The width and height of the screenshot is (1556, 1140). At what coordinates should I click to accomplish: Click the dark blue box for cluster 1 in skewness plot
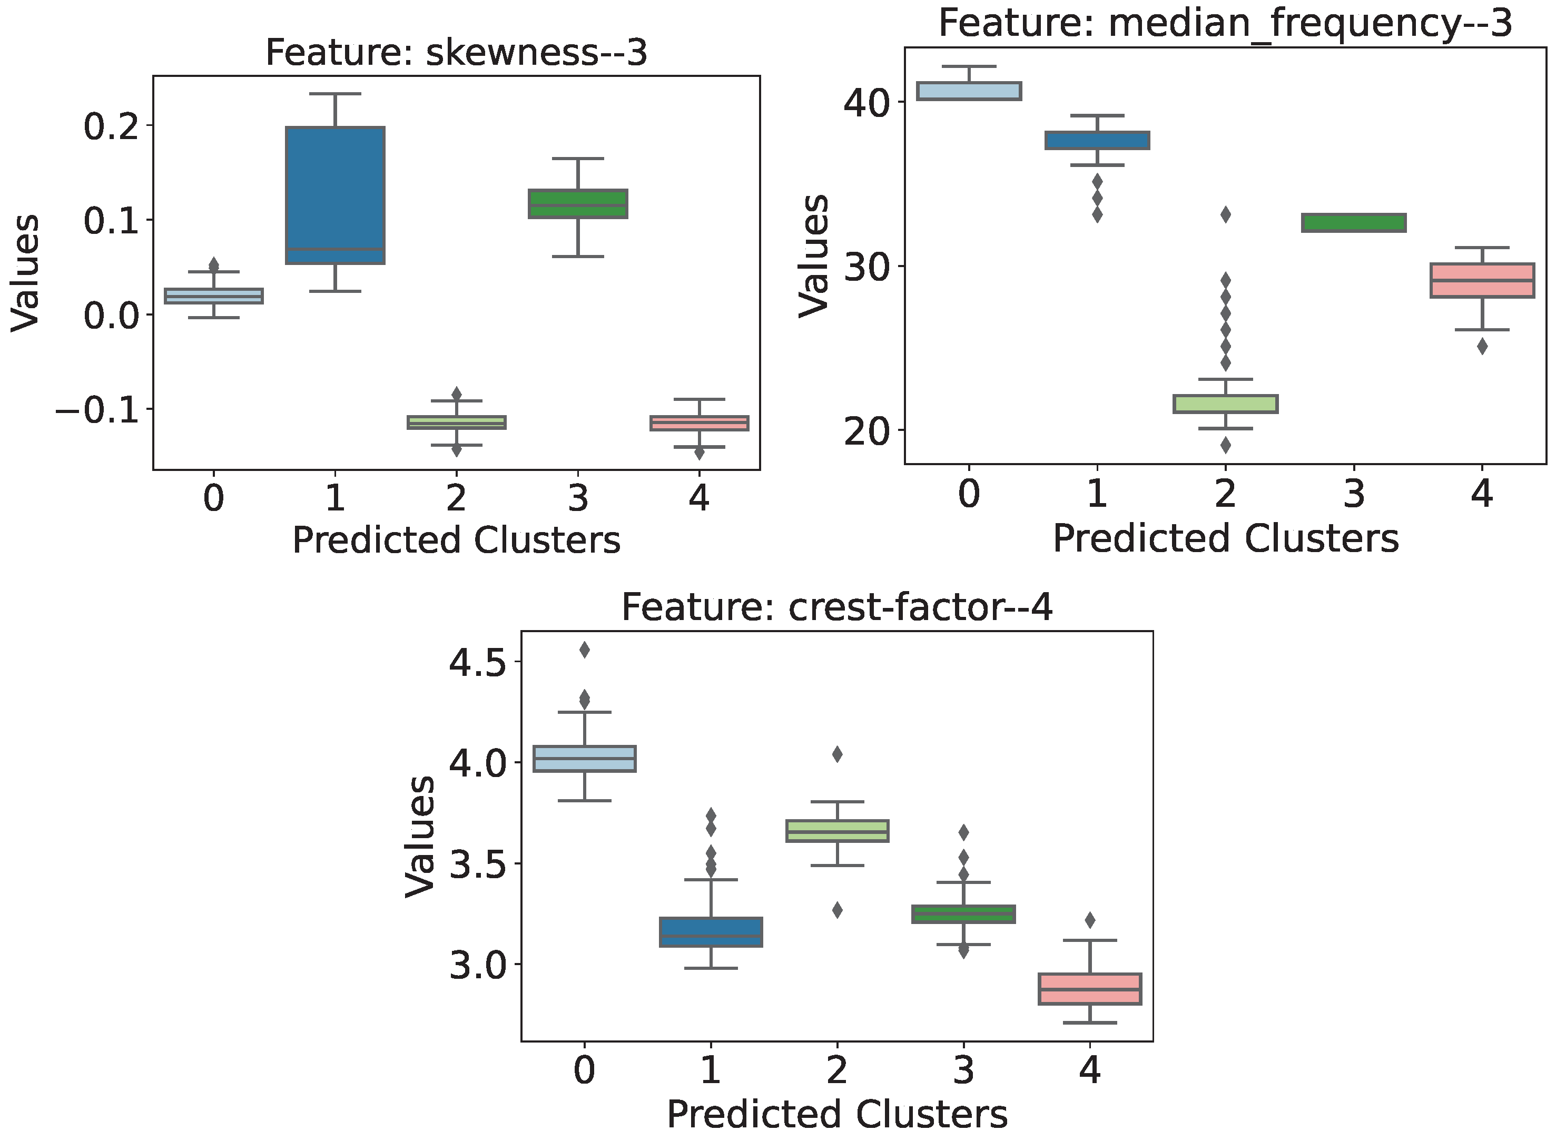336,195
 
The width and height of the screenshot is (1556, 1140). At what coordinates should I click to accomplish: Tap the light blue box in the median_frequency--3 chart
970,91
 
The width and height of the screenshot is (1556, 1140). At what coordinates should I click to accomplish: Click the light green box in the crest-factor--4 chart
837,831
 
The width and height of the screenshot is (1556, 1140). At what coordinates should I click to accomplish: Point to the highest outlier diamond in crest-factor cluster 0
585,650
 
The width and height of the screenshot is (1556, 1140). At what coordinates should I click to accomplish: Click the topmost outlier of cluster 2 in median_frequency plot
1226,214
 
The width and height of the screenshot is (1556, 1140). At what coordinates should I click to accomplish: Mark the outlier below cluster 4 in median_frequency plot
1482,347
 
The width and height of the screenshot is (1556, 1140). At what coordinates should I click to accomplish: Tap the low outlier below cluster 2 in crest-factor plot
837,910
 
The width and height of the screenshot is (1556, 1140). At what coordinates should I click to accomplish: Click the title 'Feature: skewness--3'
456,53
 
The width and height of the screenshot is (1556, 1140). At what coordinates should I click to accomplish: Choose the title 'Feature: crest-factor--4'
836,608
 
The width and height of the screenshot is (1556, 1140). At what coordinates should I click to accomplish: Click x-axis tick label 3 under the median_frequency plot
1354,494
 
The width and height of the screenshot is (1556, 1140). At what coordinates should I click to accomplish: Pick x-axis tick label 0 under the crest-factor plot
585,1070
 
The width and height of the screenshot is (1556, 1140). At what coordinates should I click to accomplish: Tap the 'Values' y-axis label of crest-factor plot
419,837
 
